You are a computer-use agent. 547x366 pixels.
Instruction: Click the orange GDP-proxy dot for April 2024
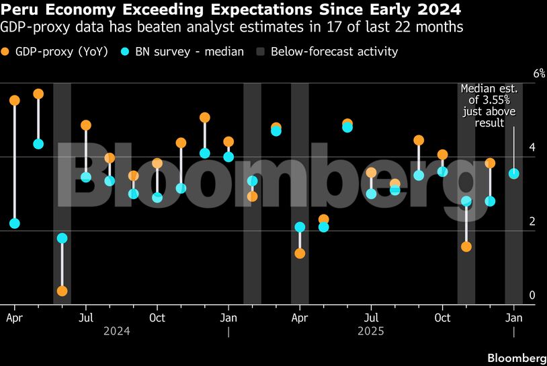(x=15, y=101)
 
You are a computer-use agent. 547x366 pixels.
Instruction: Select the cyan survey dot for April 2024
(x=15, y=223)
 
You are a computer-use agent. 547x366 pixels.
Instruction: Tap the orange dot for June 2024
(x=62, y=291)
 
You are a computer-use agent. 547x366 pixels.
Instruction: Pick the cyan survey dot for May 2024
(x=38, y=144)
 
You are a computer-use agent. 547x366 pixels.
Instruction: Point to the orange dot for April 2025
(x=300, y=254)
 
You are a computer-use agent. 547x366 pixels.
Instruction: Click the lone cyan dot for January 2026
(x=514, y=174)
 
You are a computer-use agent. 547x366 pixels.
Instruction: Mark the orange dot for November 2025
(x=466, y=247)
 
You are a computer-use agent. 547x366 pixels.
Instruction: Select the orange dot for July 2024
(x=86, y=125)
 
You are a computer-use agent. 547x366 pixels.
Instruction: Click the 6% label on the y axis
(x=520, y=73)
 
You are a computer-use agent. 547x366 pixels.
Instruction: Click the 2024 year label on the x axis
(x=117, y=331)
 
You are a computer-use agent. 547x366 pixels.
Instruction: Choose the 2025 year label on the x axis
(x=371, y=331)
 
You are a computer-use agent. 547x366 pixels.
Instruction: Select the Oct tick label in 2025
(x=442, y=316)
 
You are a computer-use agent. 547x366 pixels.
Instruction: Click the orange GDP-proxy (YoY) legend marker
(x=6, y=52)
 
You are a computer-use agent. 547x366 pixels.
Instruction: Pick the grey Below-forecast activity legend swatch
(x=259, y=52)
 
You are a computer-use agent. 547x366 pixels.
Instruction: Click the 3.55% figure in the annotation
(x=489, y=100)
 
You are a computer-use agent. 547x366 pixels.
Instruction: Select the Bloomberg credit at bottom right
(x=516, y=356)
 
